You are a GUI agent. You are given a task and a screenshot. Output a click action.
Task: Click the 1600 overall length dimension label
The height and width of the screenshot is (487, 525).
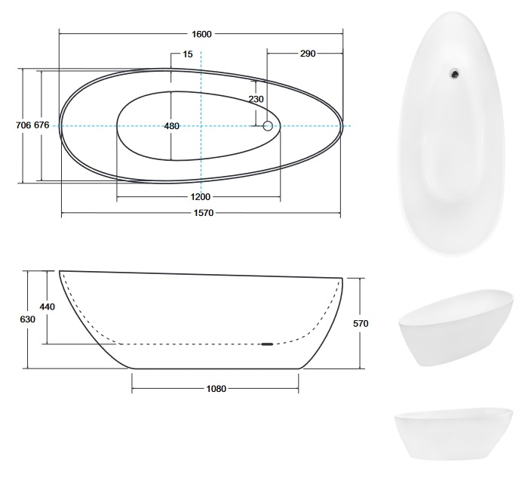point(201,34)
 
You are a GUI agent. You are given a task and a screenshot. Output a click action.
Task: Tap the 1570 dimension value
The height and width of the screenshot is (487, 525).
point(204,213)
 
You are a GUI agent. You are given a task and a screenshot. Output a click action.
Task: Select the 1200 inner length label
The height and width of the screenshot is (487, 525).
point(201,197)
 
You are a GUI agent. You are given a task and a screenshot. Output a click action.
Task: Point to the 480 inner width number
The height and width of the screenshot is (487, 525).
point(172,126)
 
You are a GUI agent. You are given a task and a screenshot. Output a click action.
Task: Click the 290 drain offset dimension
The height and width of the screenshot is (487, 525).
point(308,54)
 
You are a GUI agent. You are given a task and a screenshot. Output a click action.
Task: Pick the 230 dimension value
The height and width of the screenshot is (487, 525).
point(256,99)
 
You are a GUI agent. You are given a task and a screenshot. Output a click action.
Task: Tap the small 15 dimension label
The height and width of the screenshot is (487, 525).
point(188,54)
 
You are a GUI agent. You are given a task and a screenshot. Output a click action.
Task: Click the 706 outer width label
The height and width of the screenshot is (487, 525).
point(23,125)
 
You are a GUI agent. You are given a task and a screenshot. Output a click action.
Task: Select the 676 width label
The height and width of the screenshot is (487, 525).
point(41,125)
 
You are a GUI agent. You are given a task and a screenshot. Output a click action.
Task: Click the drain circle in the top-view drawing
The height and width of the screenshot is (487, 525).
point(268,126)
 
